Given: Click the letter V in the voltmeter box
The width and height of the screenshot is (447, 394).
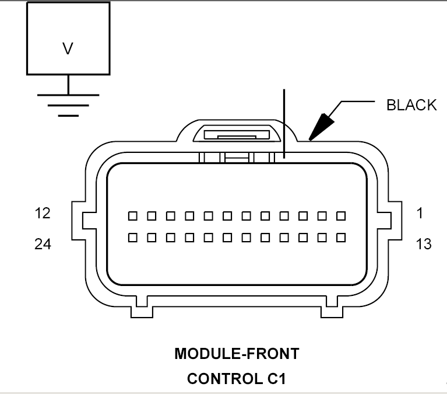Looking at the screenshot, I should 68,48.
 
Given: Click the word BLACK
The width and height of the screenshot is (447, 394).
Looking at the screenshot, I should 411,105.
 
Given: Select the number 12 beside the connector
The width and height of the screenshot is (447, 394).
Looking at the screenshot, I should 43,213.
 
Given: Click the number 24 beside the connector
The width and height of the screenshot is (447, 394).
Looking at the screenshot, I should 43,244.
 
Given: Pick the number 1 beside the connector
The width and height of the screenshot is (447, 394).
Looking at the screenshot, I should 420,213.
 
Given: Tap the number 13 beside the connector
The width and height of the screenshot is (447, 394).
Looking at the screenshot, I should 424,244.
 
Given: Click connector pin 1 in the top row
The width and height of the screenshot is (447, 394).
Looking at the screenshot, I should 341,216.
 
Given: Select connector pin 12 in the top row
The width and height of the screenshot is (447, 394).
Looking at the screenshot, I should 133,216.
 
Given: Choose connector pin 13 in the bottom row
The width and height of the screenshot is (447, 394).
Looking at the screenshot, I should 341,238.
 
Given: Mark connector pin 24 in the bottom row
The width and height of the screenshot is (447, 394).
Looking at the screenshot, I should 133,238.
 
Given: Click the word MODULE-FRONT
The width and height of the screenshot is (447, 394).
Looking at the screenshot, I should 237,354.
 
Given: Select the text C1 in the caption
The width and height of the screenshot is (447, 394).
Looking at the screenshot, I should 276,379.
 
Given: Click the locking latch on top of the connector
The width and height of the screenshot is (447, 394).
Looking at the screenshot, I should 237,135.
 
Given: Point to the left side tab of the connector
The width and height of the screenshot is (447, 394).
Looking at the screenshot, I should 79,221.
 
